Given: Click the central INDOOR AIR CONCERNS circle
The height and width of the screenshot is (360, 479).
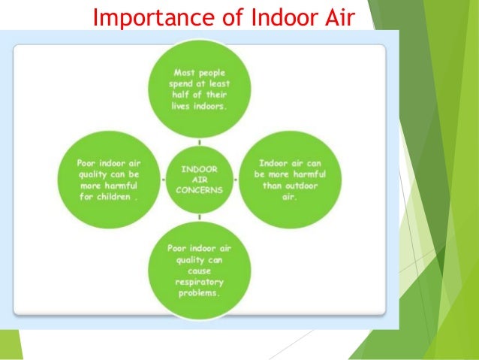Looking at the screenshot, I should (199, 180).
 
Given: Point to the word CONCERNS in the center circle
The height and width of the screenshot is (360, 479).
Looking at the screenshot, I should (199, 190).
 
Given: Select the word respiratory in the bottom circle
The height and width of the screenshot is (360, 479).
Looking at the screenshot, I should (198, 282).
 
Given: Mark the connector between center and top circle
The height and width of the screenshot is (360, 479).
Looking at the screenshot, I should (199, 141).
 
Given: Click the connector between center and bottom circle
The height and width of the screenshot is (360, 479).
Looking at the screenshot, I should (199, 218).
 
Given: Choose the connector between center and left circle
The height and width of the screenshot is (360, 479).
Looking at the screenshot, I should (161, 180).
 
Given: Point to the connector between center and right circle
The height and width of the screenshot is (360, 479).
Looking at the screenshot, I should (236, 180).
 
